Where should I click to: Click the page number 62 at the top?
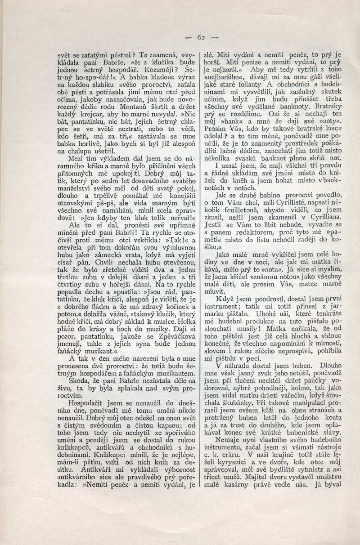[x=201, y=37]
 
